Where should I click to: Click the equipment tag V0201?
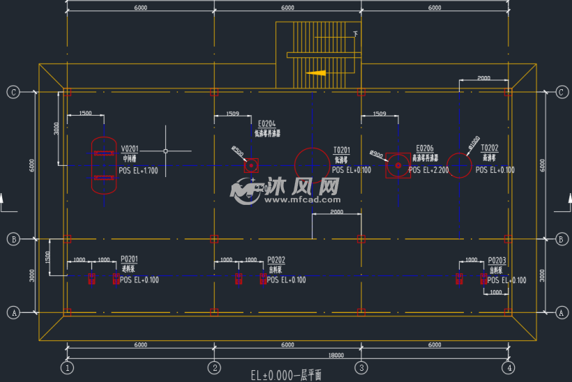pos(129,148)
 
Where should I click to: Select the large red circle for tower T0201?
pos(312,166)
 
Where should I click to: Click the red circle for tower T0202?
pos(459,166)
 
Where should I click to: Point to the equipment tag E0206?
pos(424,148)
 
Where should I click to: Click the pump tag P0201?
pos(129,259)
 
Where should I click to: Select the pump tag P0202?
pos(276,259)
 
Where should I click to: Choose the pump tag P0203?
pos(497,259)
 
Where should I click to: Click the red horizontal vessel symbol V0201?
pos(104,165)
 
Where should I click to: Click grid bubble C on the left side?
pos(13,92)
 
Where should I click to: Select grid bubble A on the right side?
pos(560,313)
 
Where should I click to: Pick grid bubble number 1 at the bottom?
pos(67,367)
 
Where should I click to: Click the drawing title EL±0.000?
pos(286,375)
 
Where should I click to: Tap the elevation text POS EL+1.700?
pos(138,170)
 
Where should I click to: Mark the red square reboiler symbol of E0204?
pos(251,166)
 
